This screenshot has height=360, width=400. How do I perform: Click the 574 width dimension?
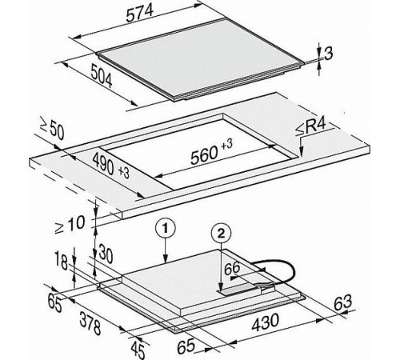140,13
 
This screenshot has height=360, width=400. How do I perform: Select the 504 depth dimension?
102,76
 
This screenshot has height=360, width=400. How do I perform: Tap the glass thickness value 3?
329,54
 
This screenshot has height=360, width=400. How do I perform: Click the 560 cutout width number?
204,155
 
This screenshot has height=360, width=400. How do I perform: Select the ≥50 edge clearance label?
52,129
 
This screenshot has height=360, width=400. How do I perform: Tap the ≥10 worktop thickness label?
70,224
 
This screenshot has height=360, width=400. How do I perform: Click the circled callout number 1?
166,229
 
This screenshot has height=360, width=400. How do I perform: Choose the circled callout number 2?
221,234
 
